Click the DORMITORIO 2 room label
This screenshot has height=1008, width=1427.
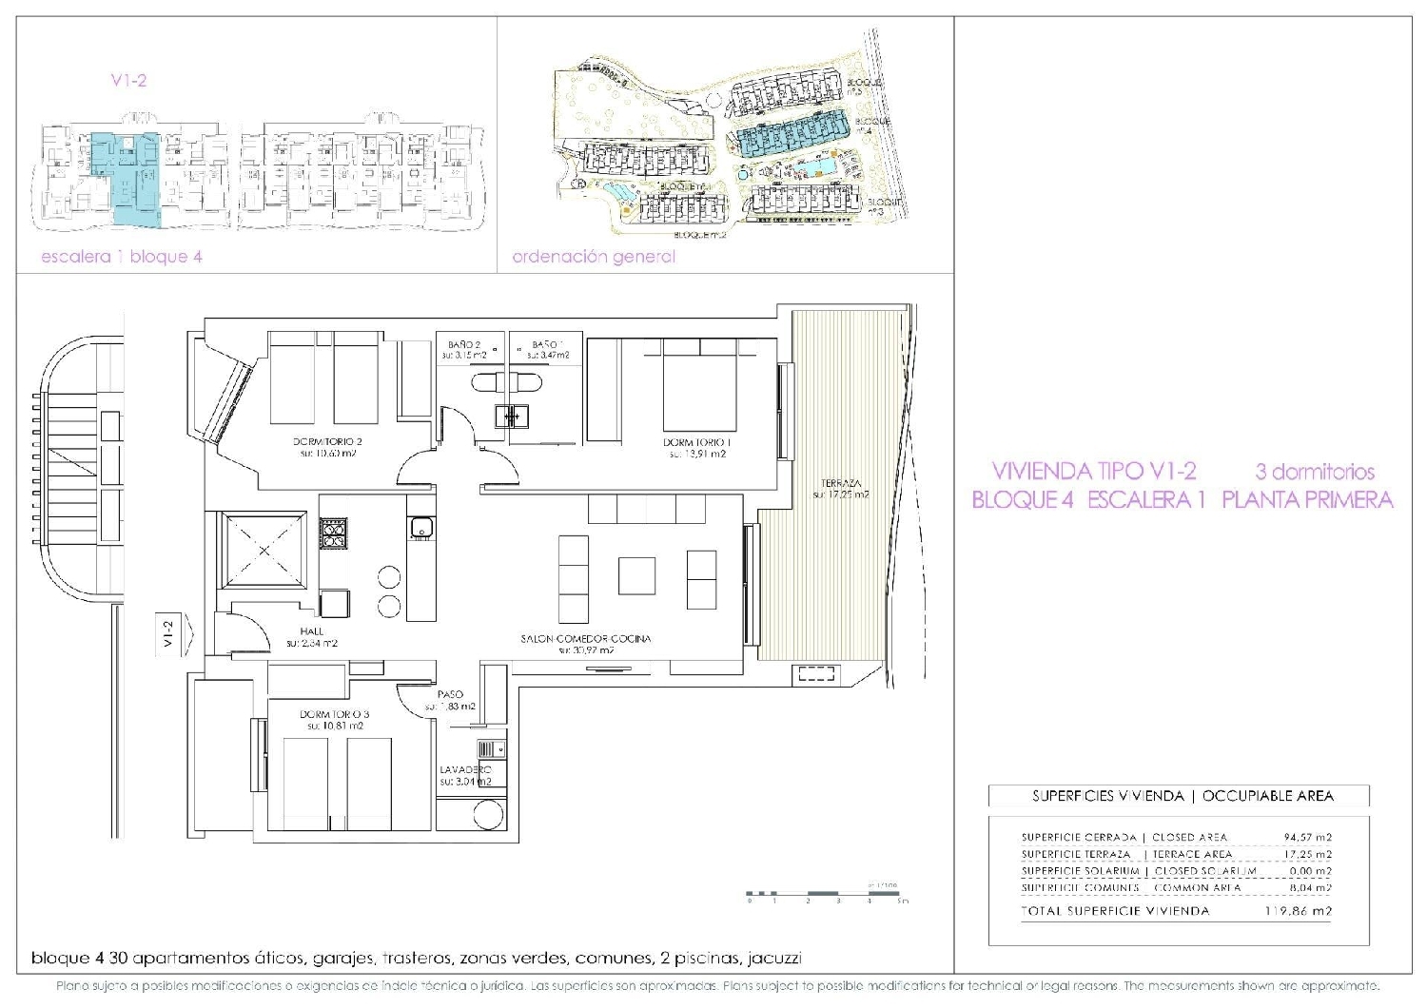click(326, 442)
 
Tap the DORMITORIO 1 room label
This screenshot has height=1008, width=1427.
click(696, 442)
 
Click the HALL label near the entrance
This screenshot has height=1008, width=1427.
click(312, 631)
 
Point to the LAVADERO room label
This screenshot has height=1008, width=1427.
click(466, 769)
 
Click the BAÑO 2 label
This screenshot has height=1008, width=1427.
click(465, 344)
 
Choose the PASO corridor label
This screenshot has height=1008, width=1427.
click(450, 695)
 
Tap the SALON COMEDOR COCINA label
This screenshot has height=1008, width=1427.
click(586, 639)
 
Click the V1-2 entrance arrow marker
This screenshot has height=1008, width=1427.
click(169, 633)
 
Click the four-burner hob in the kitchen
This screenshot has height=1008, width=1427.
click(334, 533)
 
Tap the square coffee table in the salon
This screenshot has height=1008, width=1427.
click(636, 575)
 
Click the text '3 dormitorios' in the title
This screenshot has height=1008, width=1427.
click(1315, 471)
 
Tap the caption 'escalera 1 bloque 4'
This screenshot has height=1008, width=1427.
click(122, 257)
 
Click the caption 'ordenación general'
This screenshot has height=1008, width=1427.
click(594, 257)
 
